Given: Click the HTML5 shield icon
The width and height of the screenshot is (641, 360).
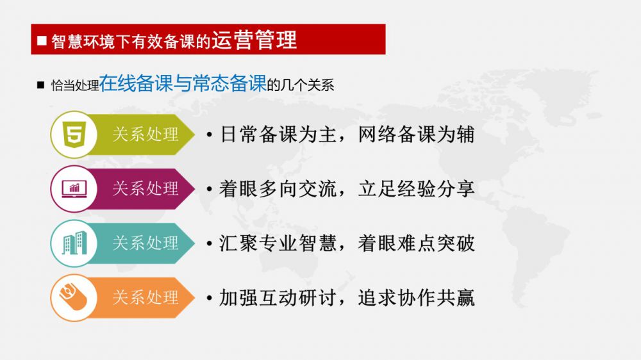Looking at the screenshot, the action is click(x=74, y=135).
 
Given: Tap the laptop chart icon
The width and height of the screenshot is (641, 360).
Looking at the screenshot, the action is click(x=74, y=189).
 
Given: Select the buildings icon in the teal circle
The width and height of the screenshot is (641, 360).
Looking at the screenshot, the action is click(x=74, y=243).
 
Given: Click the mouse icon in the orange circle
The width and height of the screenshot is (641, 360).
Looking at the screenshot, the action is click(x=74, y=297).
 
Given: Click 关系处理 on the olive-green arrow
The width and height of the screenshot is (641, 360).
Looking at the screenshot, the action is click(x=146, y=135).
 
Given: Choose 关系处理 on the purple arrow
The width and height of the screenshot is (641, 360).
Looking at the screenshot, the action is click(x=146, y=189).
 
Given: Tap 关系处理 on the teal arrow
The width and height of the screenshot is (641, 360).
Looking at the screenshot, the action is click(x=146, y=243).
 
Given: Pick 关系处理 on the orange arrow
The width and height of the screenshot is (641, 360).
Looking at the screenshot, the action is click(x=146, y=297).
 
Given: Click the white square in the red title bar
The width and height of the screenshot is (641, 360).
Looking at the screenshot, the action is click(x=42, y=40).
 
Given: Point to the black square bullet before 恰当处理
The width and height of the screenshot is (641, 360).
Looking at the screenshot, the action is click(x=40, y=85).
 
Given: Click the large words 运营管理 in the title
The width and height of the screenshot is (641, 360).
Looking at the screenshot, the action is click(x=254, y=40).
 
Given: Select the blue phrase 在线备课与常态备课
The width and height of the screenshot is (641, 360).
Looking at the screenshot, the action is click(x=183, y=83).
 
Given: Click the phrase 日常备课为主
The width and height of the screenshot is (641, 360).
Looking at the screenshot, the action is click(x=278, y=135).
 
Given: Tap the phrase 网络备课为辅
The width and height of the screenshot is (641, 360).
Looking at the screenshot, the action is click(x=416, y=135).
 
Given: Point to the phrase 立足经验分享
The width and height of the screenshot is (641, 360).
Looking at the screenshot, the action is click(x=416, y=189).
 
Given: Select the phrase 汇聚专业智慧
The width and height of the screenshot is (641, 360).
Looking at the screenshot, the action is click(x=278, y=243).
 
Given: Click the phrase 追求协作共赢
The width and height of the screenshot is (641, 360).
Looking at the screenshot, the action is click(x=416, y=297).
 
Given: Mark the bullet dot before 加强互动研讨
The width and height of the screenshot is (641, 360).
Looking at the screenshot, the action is click(x=210, y=298).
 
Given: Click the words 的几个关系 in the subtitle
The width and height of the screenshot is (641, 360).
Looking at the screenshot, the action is click(x=301, y=85).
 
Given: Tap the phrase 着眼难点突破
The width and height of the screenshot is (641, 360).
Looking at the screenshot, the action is click(x=416, y=243).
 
